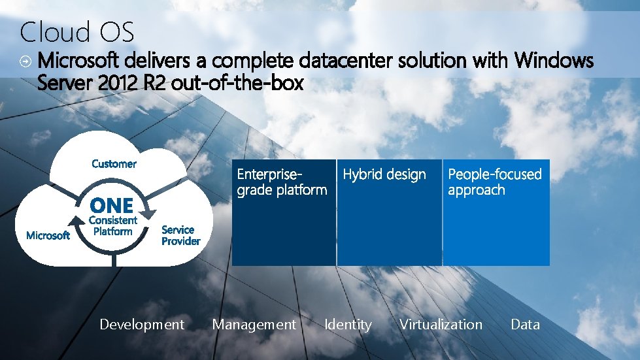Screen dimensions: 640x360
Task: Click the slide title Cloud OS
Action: click(77, 31)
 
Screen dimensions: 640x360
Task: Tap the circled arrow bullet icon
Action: click(24, 61)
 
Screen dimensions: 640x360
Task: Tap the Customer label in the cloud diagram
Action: click(114, 163)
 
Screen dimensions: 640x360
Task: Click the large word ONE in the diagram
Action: click(111, 206)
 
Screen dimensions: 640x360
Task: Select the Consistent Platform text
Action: click(112, 226)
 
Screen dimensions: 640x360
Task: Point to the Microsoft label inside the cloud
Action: click(48, 235)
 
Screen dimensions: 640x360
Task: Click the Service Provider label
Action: click(180, 235)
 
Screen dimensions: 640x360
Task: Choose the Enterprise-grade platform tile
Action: click(283, 212)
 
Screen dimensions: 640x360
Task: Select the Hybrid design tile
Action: click(389, 212)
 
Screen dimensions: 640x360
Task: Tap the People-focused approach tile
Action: click(496, 212)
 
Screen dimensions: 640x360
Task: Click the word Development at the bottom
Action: click(142, 324)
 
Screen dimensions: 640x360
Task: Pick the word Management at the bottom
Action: click(254, 324)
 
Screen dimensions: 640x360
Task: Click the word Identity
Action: click(348, 324)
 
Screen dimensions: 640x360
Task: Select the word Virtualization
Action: click(441, 324)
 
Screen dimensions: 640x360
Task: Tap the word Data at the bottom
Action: click(525, 324)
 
